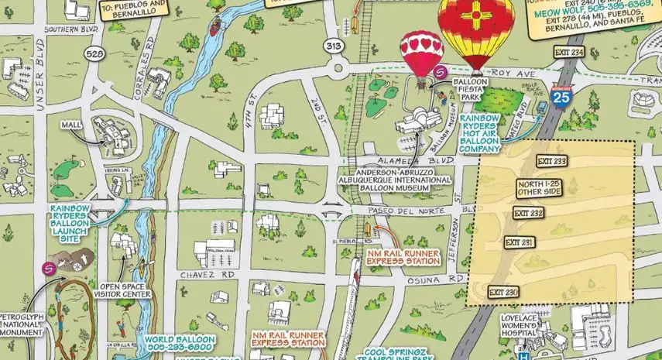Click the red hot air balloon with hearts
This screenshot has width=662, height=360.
click(x=421, y=52)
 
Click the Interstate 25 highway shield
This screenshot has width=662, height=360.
click(x=562, y=95)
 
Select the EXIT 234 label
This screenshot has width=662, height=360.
click(x=569, y=52)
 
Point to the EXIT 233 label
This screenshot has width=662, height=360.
click(x=551, y=161)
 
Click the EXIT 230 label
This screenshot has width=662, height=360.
click(x=503, y=292)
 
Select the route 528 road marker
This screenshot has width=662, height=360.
click(x=95, y=53)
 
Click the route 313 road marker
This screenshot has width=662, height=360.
click(x=334, y=46)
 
